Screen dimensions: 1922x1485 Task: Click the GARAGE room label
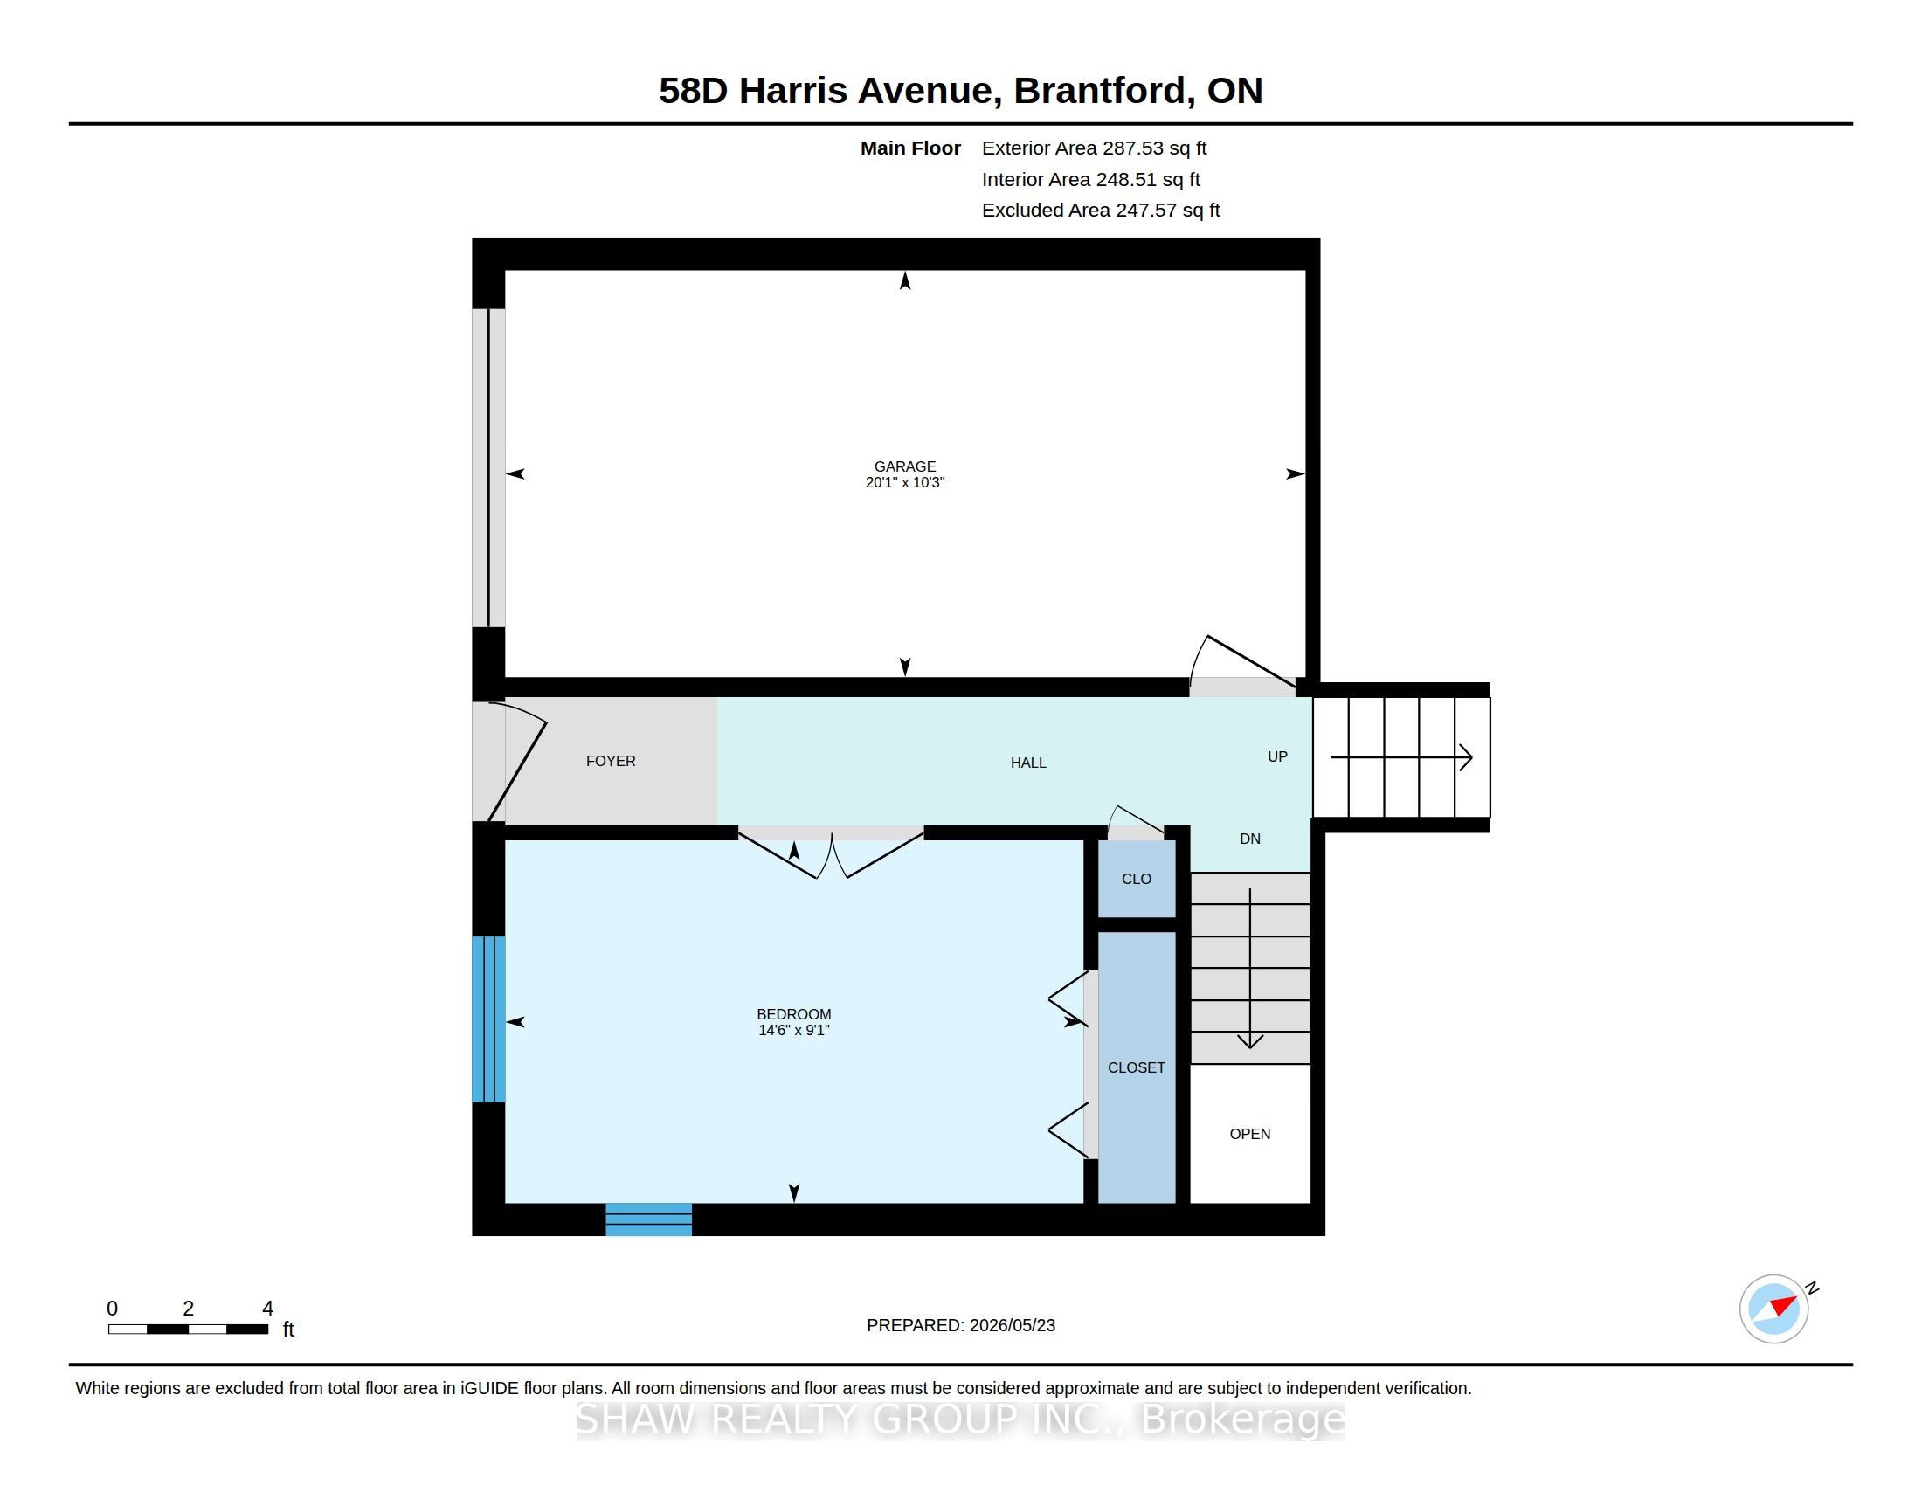coord(905,466)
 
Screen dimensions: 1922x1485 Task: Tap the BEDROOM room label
coord(794,1014)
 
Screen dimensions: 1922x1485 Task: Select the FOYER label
coord(611,761)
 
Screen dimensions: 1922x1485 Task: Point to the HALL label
coord(1028,763)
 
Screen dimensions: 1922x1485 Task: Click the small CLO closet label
coord(1136,879)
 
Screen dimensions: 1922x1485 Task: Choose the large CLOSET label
coord(1136,1067)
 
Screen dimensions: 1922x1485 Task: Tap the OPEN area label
coord(1249,1134)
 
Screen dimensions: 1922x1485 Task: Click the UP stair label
coord(1277,756)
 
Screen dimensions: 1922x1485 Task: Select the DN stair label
coord(1249,839)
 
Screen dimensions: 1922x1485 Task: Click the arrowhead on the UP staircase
coord(1466,757)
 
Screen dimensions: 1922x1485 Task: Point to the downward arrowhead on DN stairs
coord(1249,1041)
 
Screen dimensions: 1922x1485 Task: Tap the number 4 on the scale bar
coord(267,1309)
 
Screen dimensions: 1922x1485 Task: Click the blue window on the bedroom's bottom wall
coord(648,1219)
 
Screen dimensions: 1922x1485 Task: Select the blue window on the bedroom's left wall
coord(488,1019)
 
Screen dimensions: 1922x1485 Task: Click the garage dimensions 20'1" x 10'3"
coord(905,482)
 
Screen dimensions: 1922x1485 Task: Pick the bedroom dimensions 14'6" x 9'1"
coord(794,1030)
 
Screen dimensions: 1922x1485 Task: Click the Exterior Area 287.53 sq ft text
coord(1094,148)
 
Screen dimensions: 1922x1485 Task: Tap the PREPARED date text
coord(961,1325)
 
